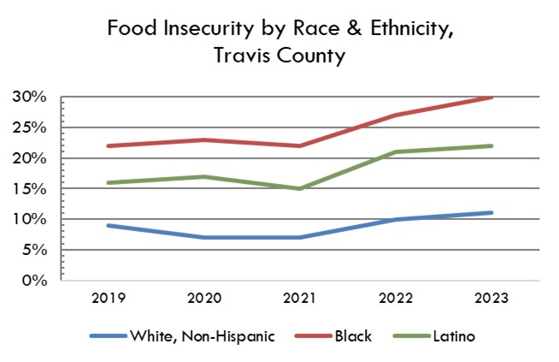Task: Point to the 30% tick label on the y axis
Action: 30,97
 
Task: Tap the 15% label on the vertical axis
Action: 30,188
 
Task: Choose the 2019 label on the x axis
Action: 109,300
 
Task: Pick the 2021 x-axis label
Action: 301,300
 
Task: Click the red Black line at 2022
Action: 397,115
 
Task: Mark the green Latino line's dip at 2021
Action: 301,188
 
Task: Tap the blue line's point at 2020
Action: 205,237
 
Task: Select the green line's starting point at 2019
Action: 109,182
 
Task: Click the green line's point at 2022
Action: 397,151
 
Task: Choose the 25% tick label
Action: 30,128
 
